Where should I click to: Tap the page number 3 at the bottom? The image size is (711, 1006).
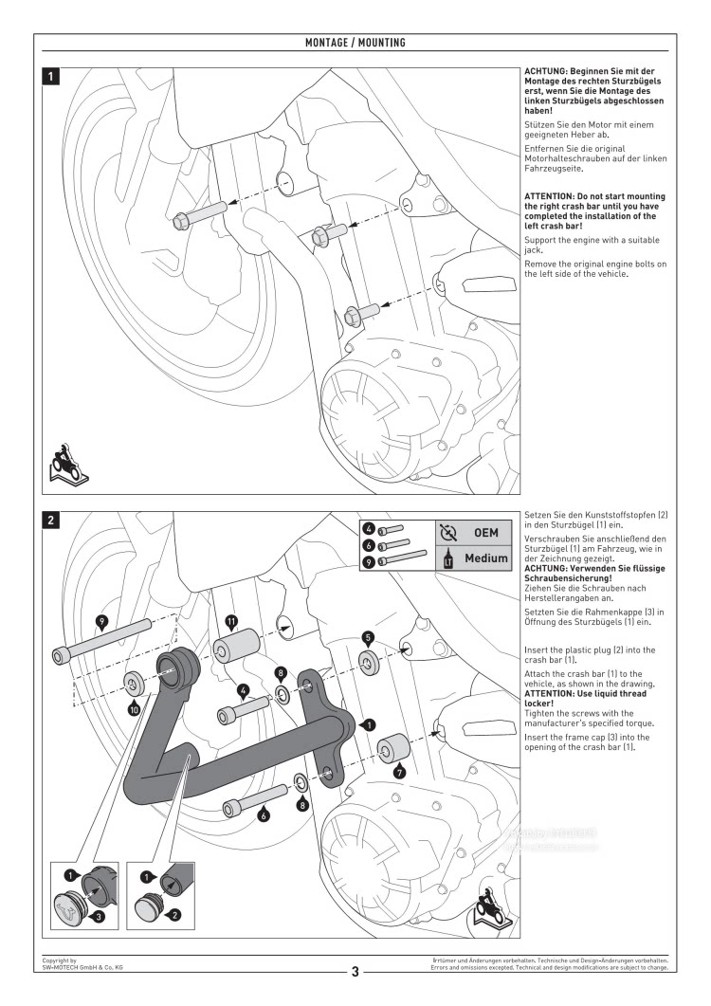pos(355,971)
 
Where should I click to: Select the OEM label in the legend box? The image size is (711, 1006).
pos(485,533)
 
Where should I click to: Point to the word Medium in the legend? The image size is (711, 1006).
pos(485,558)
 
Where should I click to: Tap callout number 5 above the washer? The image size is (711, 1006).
pos(369,638)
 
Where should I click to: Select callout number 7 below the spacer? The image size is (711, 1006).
pos(400,773)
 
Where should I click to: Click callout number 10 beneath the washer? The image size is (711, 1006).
pos(135,708)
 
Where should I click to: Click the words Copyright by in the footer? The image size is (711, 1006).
pos(59,960)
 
